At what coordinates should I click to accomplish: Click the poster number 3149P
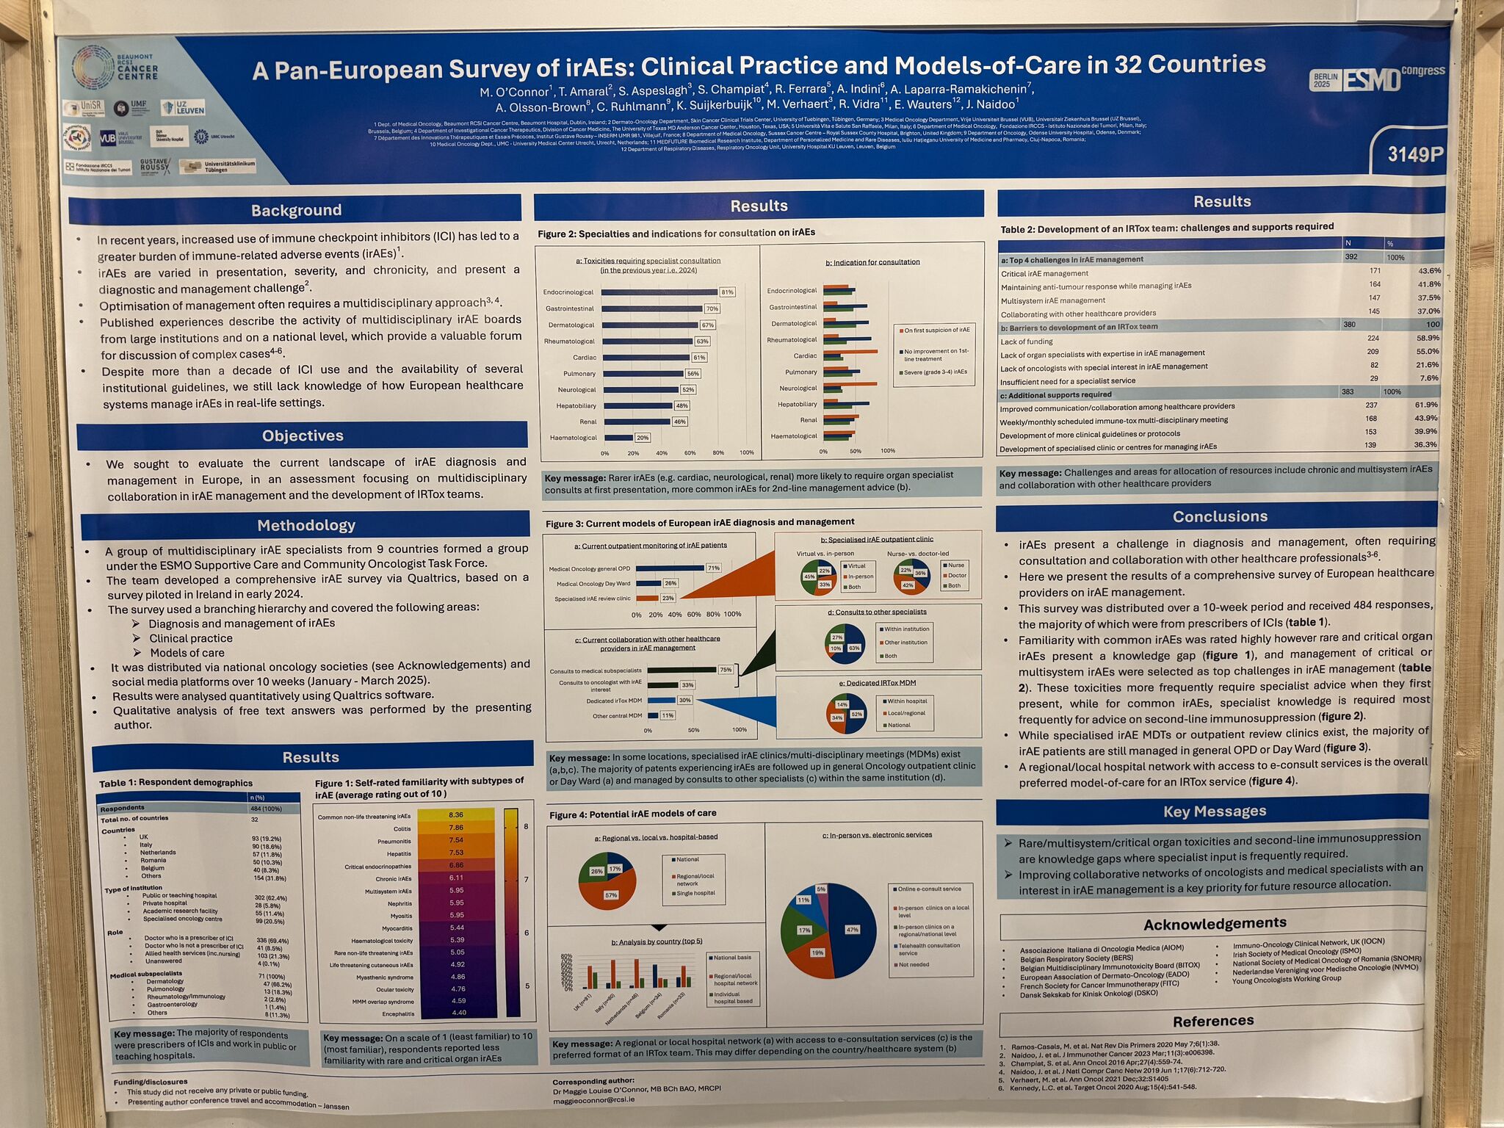click(1414, 154)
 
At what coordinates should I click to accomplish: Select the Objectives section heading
click(303, 435)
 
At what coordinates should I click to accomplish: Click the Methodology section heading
click(306, 525)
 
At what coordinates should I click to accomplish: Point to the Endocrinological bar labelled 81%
click(659, 292)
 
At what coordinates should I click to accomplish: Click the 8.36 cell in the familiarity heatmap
click(455, 814)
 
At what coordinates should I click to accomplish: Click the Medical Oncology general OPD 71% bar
click(670, 568)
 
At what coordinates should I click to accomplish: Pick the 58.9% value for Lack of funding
click(1427, 338)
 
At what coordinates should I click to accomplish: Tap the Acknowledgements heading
click(1214, 923)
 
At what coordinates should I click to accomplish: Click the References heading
click(1212, 1021)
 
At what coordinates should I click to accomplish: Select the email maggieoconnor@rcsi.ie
click(593, 1100)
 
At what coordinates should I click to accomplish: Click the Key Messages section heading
click(1214, 811)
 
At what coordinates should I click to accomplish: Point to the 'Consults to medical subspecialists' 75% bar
click(681, 670)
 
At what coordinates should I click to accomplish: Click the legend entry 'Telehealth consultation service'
click(928, 949)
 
